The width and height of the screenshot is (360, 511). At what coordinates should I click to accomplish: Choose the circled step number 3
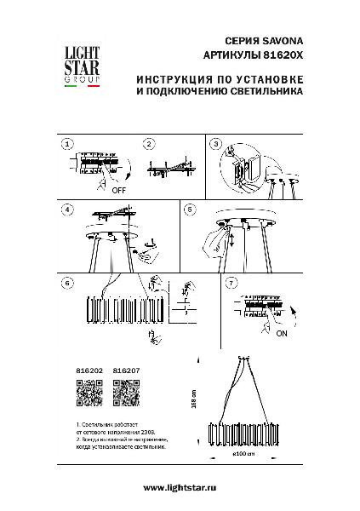(216, 145)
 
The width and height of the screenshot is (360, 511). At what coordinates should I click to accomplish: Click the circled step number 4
(66, 209)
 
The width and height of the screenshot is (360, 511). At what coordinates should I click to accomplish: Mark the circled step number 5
(191, 209)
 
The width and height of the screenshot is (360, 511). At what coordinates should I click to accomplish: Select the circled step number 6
(66, 282)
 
